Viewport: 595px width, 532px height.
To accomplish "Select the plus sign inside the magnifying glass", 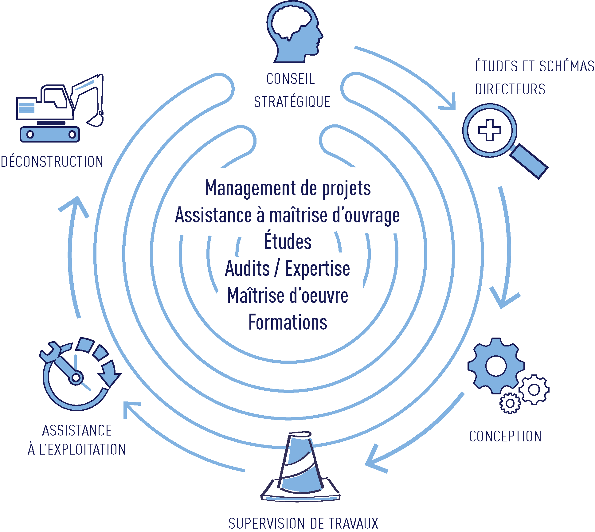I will click(490, 130).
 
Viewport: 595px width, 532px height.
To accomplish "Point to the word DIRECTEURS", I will click(510, 89).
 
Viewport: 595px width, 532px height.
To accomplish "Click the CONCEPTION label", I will click(505, 436).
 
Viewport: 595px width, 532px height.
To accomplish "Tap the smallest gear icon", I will click(510, 403).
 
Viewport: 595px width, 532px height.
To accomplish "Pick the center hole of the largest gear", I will click(496, 366).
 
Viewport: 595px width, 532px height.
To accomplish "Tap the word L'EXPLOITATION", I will click(83, 450).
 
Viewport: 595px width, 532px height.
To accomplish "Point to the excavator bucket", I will click(96, 120).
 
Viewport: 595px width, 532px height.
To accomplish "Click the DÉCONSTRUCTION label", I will click(52, 162).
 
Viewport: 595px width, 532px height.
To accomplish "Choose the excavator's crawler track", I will click(50, 134).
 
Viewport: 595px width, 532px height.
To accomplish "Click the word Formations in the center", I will click(288, 322).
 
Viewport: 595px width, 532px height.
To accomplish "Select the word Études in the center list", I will click(288, 242).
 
